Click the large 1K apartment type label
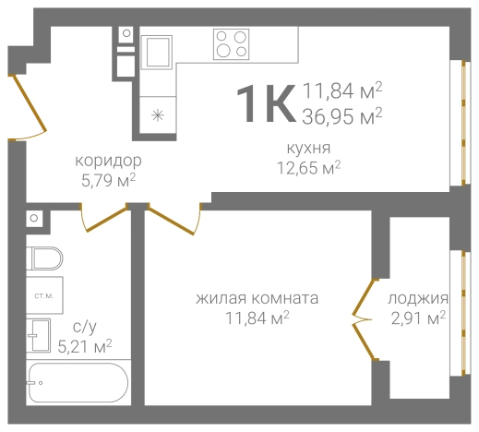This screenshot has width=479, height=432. [x=266, y=102]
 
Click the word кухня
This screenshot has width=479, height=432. [x=309, y=149]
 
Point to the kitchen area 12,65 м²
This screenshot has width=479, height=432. [x=309, y=167]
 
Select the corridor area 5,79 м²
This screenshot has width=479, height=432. [x=108, y=180]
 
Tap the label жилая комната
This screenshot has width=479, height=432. [x=257, y=299]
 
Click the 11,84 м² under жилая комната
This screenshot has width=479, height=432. [x=257, y=318]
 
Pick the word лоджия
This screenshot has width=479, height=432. [x=418, y=299]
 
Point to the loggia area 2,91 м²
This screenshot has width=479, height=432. [x=418, y=318]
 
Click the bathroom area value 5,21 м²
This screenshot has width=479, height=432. [x=84, y=346]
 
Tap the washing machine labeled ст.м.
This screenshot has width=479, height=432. [x=43, y=295]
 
